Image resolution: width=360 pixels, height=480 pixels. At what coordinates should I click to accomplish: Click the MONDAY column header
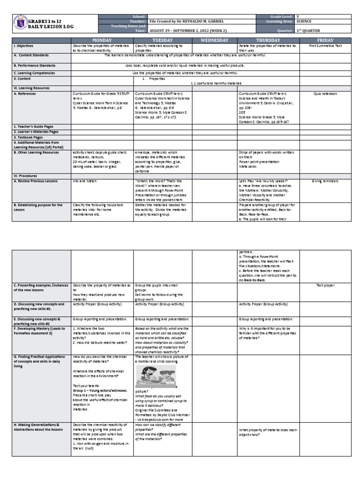click(102, 40)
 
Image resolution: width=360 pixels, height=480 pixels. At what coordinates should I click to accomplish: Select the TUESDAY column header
click(162, 40)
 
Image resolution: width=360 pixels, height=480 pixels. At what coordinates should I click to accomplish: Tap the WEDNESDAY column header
click(214, 40)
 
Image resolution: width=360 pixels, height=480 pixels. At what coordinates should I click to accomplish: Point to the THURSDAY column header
click(268, 40)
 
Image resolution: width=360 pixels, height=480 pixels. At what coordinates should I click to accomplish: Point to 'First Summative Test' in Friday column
click(327, 46)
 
